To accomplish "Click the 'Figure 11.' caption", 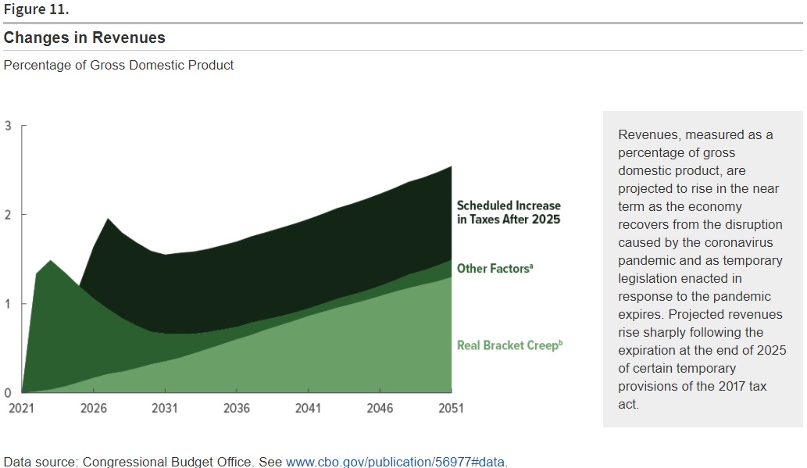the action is (36, 9).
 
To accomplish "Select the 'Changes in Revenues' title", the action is (84, 38).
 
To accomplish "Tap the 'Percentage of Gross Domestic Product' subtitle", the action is (119, 65).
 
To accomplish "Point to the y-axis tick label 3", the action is (8, 126).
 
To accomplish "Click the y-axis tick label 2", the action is (8, 215).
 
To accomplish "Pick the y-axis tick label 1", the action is (8, 304).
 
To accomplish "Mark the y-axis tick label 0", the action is (8, 393).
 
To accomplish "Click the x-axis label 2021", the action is (22, 409).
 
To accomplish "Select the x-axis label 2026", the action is (94, 409).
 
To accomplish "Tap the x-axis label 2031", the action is (165, 409).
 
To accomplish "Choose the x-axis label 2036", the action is (237, 409).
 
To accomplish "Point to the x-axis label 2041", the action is (309, 409).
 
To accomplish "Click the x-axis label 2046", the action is (380, 409).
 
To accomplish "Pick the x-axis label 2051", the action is (452, 409).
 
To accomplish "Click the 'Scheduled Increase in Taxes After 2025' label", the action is (509, 212).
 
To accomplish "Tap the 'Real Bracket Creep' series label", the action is (509, 345).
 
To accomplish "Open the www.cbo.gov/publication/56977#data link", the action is (395, 461).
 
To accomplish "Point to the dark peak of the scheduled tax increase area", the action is (108, 220).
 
